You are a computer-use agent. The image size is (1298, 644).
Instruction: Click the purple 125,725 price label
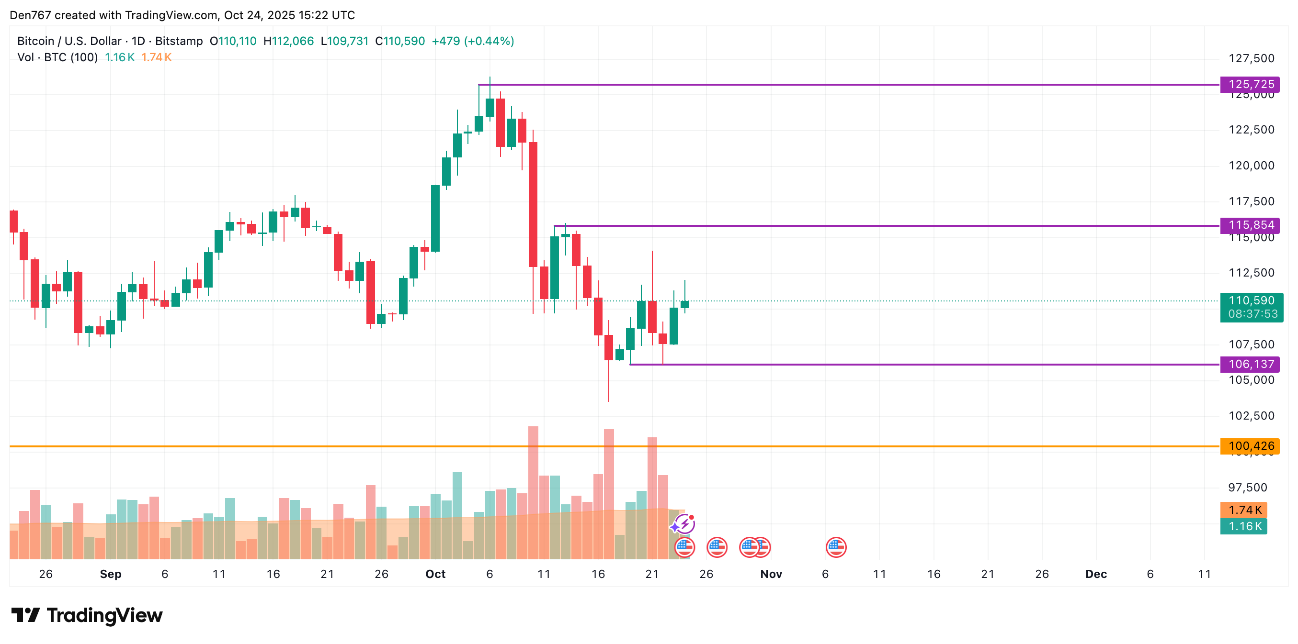point(1251,84)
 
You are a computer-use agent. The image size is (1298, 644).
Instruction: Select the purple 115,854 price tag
point(1251,225)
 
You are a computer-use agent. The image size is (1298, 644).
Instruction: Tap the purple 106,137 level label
point(1251,364)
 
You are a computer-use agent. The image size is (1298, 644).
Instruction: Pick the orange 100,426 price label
point(1251,446)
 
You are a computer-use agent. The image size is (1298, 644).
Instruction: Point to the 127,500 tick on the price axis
point(1251,58)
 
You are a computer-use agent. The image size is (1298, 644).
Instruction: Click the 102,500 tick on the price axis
point(1251,416)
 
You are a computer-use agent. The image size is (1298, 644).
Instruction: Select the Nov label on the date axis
point(771,574)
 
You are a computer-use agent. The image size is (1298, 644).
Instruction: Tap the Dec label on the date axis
point(1095,574)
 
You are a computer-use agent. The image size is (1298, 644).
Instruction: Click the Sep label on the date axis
point(110,574)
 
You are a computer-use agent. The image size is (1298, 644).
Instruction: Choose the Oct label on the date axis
point(435,574)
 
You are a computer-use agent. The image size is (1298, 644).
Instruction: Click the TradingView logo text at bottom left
point(104,615)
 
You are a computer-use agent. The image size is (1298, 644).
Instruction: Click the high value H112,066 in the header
point(289,41)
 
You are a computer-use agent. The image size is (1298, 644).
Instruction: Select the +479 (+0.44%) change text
point(473,41)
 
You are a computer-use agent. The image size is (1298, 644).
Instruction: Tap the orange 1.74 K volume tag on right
point(1243,510)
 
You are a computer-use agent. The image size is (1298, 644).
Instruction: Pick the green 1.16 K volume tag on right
point(1243,527)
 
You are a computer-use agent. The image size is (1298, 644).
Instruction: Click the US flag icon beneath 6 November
point(836,547)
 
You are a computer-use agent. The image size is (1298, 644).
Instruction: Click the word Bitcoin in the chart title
point(35,41)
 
